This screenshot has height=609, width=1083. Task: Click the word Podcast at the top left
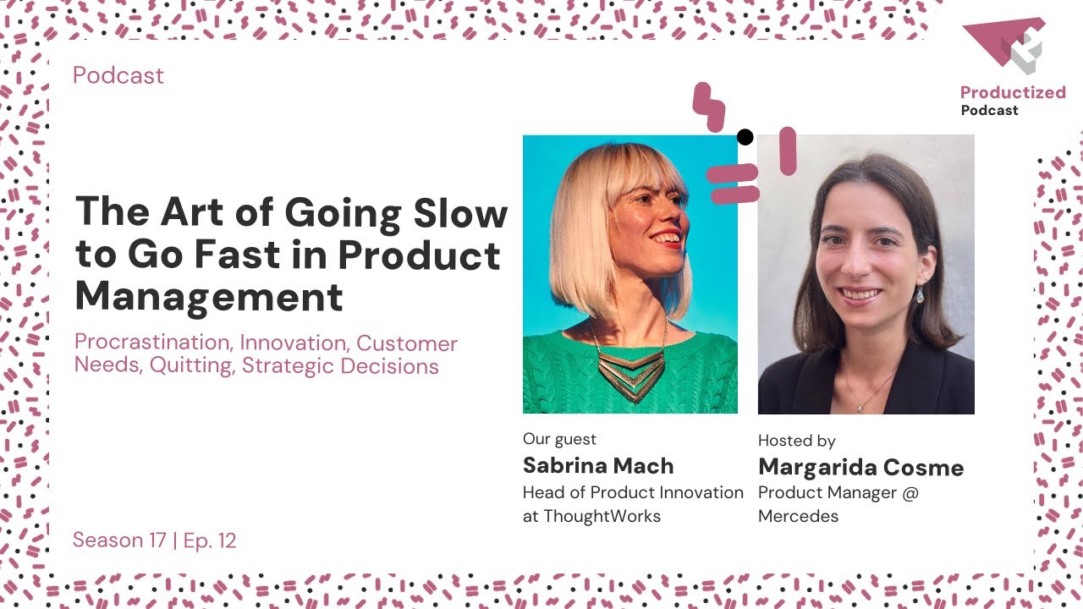[118, 75]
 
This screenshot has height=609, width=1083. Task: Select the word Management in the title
[209, 296]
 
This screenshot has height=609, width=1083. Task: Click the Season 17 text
[119, 540]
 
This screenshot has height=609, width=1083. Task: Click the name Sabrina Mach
[598, 466]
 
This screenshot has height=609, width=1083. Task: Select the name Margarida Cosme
[860, 468]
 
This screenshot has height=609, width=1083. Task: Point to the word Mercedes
[798, 516]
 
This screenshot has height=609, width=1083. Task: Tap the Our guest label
[559, 439]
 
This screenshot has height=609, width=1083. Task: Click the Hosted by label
[796, 441]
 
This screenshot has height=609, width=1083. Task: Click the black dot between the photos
[745, 137]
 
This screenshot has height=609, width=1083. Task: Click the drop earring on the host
[919, 294]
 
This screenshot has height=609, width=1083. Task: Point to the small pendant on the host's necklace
[860, 406]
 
